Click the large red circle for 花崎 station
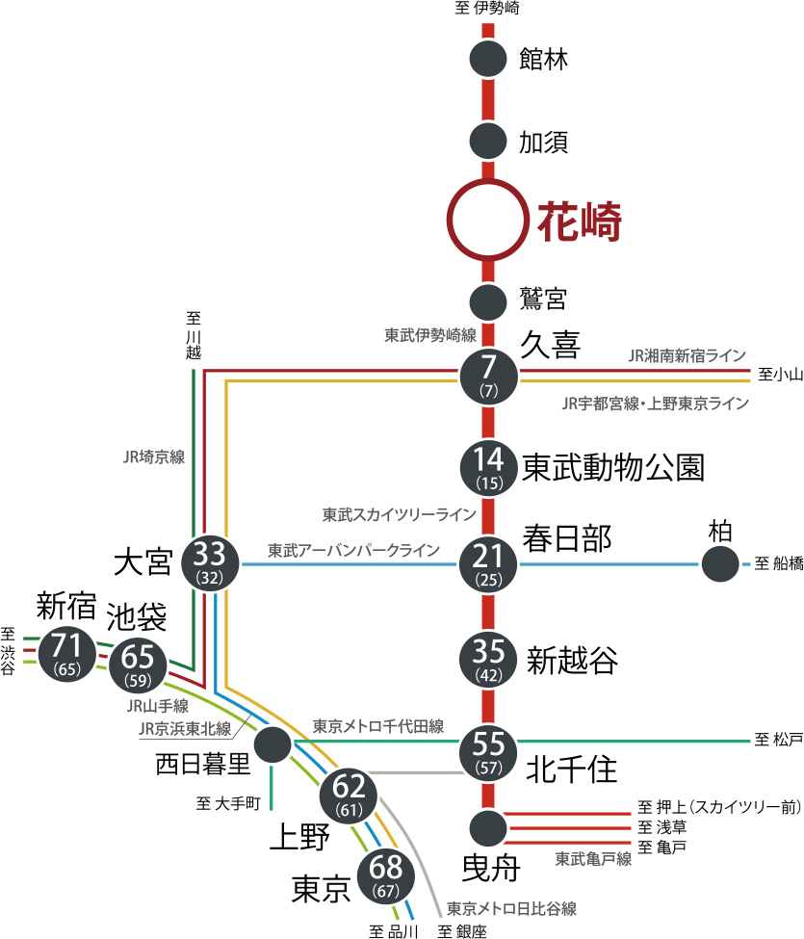click(488, 180)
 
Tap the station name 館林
click(543, 60)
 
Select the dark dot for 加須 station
click(488, 142)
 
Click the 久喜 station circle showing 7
click(488, 376)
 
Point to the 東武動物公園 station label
click(613, 468)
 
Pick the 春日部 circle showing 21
click(488, 564)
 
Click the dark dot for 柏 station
click(720, 563)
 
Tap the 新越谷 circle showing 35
click(488, 659)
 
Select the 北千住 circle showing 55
click(488, 751)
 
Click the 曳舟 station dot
click(488, 829)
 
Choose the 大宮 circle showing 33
click(210, 563)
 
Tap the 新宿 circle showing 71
click(67, 653)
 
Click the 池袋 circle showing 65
click(139, 665)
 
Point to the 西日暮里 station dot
click(273, 745)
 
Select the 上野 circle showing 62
click(349, 795)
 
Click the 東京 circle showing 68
click(386, 876)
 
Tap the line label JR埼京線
click(154, 456)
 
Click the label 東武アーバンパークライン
click(353, 550)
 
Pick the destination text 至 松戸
click(778, 740)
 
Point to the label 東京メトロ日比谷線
click(512, 908)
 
